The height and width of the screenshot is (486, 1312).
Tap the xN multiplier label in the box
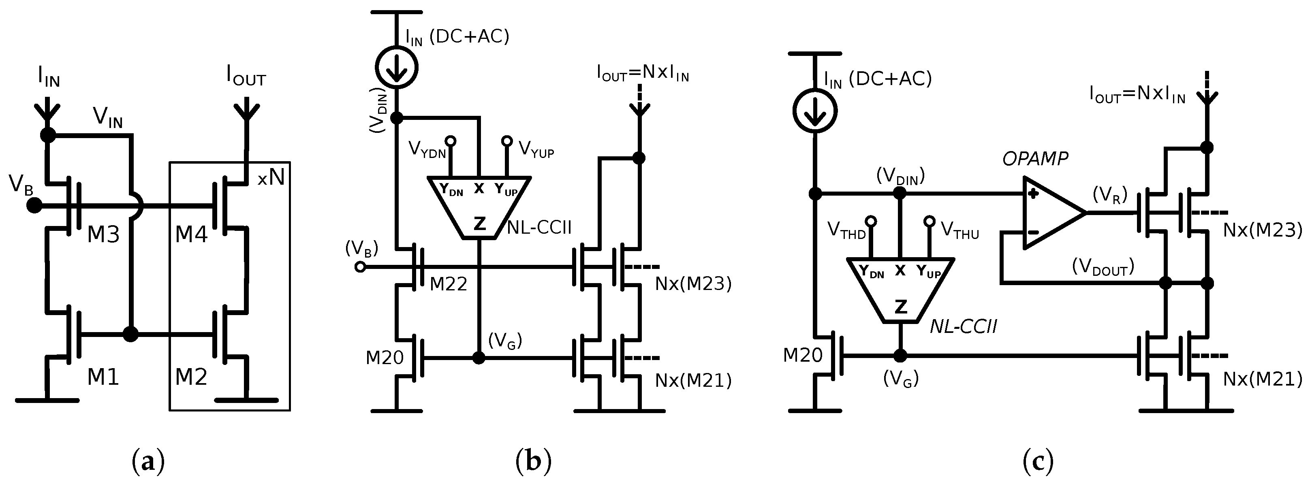click(x=270, y=179)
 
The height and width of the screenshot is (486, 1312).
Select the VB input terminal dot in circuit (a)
click(x=34, y=206)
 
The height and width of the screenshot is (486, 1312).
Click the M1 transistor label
click(x=103, y=377)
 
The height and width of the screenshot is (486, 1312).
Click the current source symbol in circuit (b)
click(x=396, y=67)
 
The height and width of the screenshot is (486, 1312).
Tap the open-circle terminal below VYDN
click(x=450, y=141)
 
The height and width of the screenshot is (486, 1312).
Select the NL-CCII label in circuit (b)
click(x=539, y=228)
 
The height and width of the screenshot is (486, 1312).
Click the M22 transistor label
click(x=448, y=284)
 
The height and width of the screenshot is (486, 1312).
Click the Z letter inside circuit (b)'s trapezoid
click(x=479, y=224)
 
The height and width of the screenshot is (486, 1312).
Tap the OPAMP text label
click(x=1035, y=159)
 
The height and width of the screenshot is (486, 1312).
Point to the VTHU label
click(x=959, y=230)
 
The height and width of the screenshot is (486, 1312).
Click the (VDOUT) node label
click(x=1103, y=266)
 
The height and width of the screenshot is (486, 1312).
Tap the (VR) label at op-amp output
click(x=1110, y=195)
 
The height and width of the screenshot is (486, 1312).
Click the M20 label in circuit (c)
click(x=803, y=355)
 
